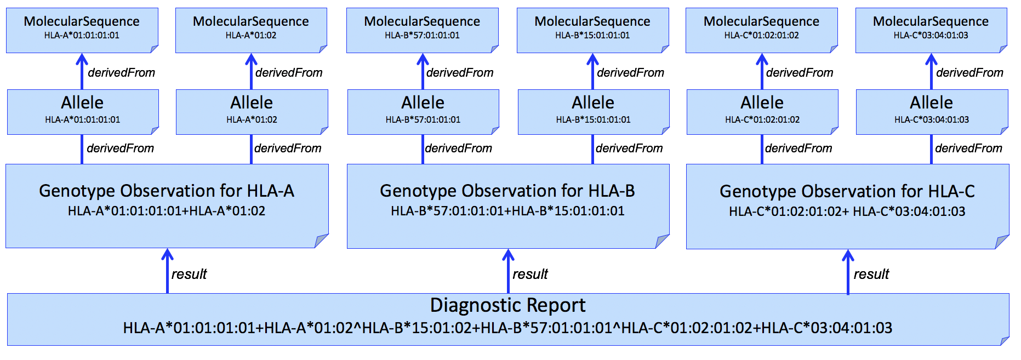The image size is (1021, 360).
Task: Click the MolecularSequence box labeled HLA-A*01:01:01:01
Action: coord(82,30)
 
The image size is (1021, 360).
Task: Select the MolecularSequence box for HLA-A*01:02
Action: coord(251,30)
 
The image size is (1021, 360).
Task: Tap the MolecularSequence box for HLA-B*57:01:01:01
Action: coord(422,30)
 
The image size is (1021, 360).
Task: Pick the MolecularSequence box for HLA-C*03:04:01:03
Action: coord(931,30)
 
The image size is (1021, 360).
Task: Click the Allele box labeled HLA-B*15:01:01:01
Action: coord(593,111)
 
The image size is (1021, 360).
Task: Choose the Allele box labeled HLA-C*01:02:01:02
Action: coord(762,111)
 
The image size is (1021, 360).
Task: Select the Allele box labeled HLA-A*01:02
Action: coord(252,111)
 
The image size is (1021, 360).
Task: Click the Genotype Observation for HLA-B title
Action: coord(507,191)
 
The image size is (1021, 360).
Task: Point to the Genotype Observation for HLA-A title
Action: coord(167,191)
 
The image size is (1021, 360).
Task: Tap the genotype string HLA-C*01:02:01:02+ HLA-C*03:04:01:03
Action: coord(847,212)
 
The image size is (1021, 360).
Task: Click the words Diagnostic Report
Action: coord(507,305)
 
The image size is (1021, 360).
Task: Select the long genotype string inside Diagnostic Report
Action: coord(507,328)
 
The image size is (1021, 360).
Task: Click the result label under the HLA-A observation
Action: coord(189,274)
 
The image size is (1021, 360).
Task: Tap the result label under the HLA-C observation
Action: coord(871,274)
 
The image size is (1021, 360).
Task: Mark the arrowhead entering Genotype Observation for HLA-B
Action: coord(508,254)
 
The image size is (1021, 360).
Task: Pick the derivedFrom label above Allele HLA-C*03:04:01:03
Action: coord(969,72)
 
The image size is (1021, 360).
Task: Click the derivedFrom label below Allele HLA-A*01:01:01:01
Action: coord(120,148)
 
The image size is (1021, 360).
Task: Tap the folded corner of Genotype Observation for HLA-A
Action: coord(322,241)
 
